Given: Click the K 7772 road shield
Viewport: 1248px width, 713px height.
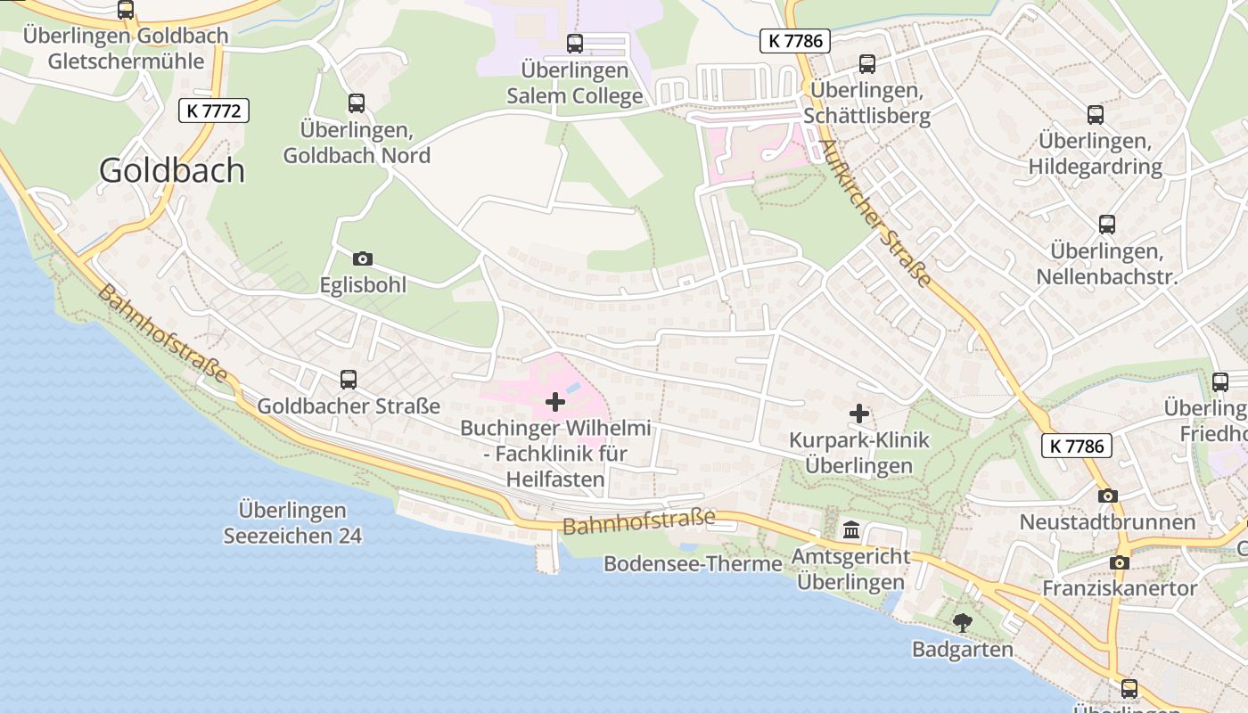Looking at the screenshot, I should [x=213, y=111].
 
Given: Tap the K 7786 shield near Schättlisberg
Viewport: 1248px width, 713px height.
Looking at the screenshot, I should [x=795, y=40].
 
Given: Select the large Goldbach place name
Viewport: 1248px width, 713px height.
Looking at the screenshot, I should [x=172, y=169].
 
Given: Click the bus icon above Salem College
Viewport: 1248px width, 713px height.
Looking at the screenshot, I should [x=575, y=43].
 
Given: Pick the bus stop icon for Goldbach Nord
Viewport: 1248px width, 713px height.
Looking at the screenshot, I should [x=357, y=103].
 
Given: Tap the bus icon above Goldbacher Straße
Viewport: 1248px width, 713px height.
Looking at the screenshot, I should [x=349, y=380].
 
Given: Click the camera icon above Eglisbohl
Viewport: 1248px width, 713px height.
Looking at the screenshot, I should [x=363, y=258].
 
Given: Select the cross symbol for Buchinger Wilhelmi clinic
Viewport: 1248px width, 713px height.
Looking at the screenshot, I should [x=555, y=402].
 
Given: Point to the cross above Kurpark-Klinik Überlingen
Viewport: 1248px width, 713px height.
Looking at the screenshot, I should [x=859, y=414].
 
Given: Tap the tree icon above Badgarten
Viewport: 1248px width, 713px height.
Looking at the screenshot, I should [x=962, y=623].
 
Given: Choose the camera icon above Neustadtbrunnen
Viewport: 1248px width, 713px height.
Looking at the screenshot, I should [x=1107, y=496].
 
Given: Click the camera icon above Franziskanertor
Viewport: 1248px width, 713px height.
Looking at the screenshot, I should [x=1120, y=562].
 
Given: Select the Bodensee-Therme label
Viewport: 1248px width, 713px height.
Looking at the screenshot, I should [x=693, y=564].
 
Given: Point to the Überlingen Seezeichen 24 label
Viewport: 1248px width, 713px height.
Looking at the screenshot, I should [x=292, y=523].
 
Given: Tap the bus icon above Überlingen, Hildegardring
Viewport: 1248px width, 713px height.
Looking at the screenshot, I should [x=1096, y=115].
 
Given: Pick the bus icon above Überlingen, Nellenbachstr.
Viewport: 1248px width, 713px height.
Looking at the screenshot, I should [x=1107, y=225].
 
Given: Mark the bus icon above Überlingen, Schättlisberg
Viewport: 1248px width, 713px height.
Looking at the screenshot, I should [x=867, y=64].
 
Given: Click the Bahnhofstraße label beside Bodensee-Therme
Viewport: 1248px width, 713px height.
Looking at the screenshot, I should [x=639, y=521].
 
